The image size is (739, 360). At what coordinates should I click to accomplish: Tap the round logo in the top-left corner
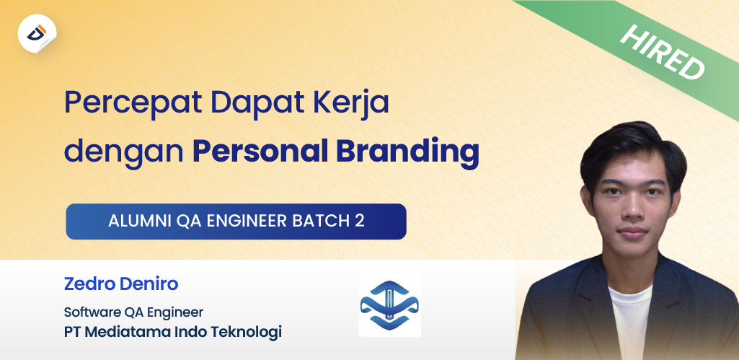37,33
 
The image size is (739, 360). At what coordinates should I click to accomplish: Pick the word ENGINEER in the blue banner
246,221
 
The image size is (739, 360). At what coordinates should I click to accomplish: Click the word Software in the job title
90,313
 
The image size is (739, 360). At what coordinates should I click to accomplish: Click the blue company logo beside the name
390,305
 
